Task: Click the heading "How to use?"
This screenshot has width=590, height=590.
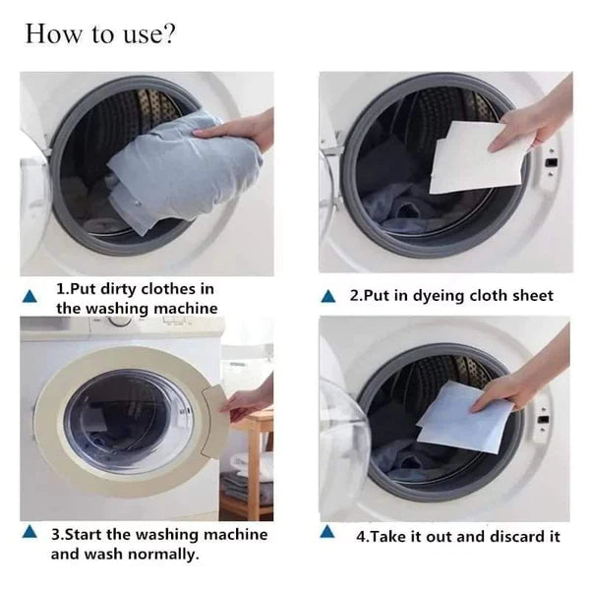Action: [100, 34]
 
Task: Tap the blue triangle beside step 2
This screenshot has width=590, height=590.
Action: [331, 296]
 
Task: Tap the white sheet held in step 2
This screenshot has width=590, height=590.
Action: [472, 157]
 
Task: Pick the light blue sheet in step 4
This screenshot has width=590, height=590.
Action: [464, 416]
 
